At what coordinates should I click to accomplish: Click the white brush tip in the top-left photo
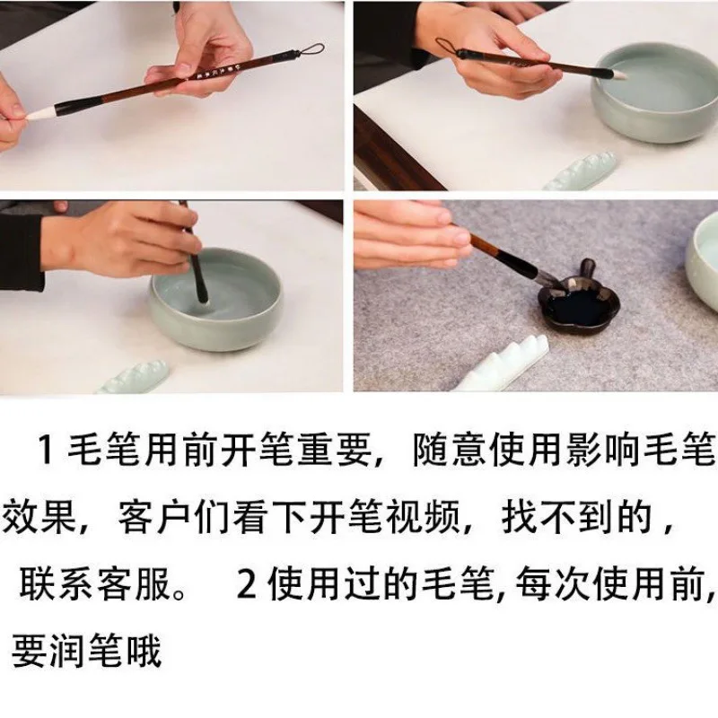pyautogui.click(x=41, y=113)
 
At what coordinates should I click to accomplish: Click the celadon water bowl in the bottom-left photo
pyautogui.click(x=216, y=299)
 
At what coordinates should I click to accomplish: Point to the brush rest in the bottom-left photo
pyautogui.click(x=133, y=377)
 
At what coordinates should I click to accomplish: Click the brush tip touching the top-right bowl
pyautogui.click(x=619, y=74)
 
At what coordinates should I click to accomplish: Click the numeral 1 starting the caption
pyautogui.click(x=46, y=451)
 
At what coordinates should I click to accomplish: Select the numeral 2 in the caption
pyautogui.click(x=247, y=584)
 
